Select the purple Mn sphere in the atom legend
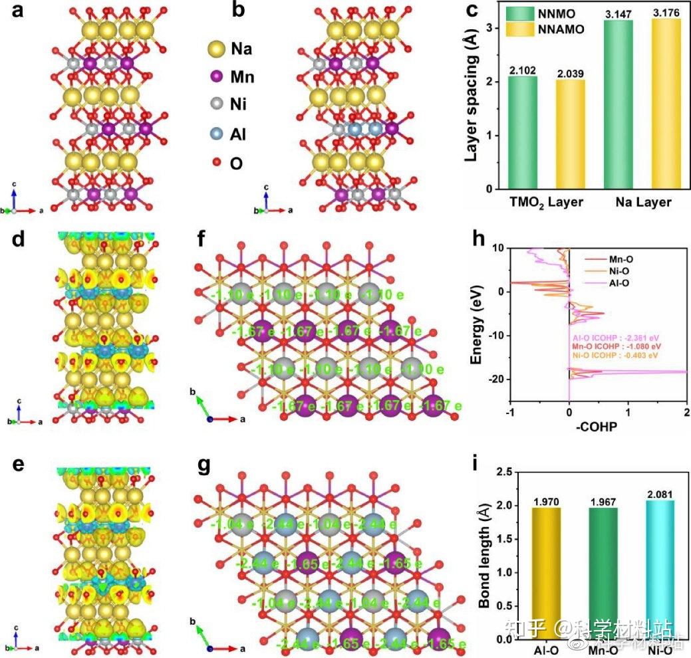point(215,76)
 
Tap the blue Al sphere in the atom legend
point(215,134)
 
